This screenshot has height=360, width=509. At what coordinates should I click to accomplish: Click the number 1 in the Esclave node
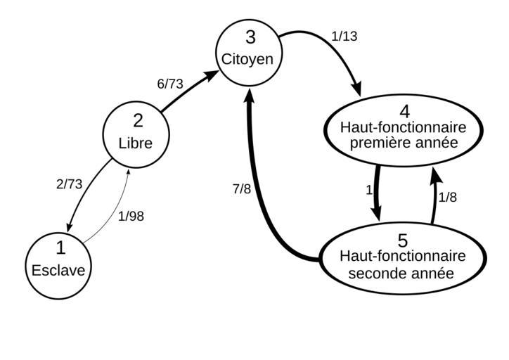[60, 247]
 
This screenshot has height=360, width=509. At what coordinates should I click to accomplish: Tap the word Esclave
[60, 269]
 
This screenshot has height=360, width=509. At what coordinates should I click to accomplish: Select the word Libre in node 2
[136, 142]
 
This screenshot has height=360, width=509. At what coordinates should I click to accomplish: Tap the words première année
[404, 143]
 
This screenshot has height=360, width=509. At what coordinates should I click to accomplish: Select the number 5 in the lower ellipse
[404, 240]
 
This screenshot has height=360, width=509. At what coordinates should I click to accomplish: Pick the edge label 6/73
[170, 84]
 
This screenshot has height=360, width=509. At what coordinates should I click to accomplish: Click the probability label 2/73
[69, 184]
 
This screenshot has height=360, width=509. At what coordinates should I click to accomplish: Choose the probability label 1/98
[131, 217]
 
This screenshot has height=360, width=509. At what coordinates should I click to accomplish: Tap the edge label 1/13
[344, 37]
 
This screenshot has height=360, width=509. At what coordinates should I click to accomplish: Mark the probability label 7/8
[242, 189]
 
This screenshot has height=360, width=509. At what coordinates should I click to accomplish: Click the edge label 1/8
[448, 198]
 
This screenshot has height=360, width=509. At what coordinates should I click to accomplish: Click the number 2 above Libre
[136, 121]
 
